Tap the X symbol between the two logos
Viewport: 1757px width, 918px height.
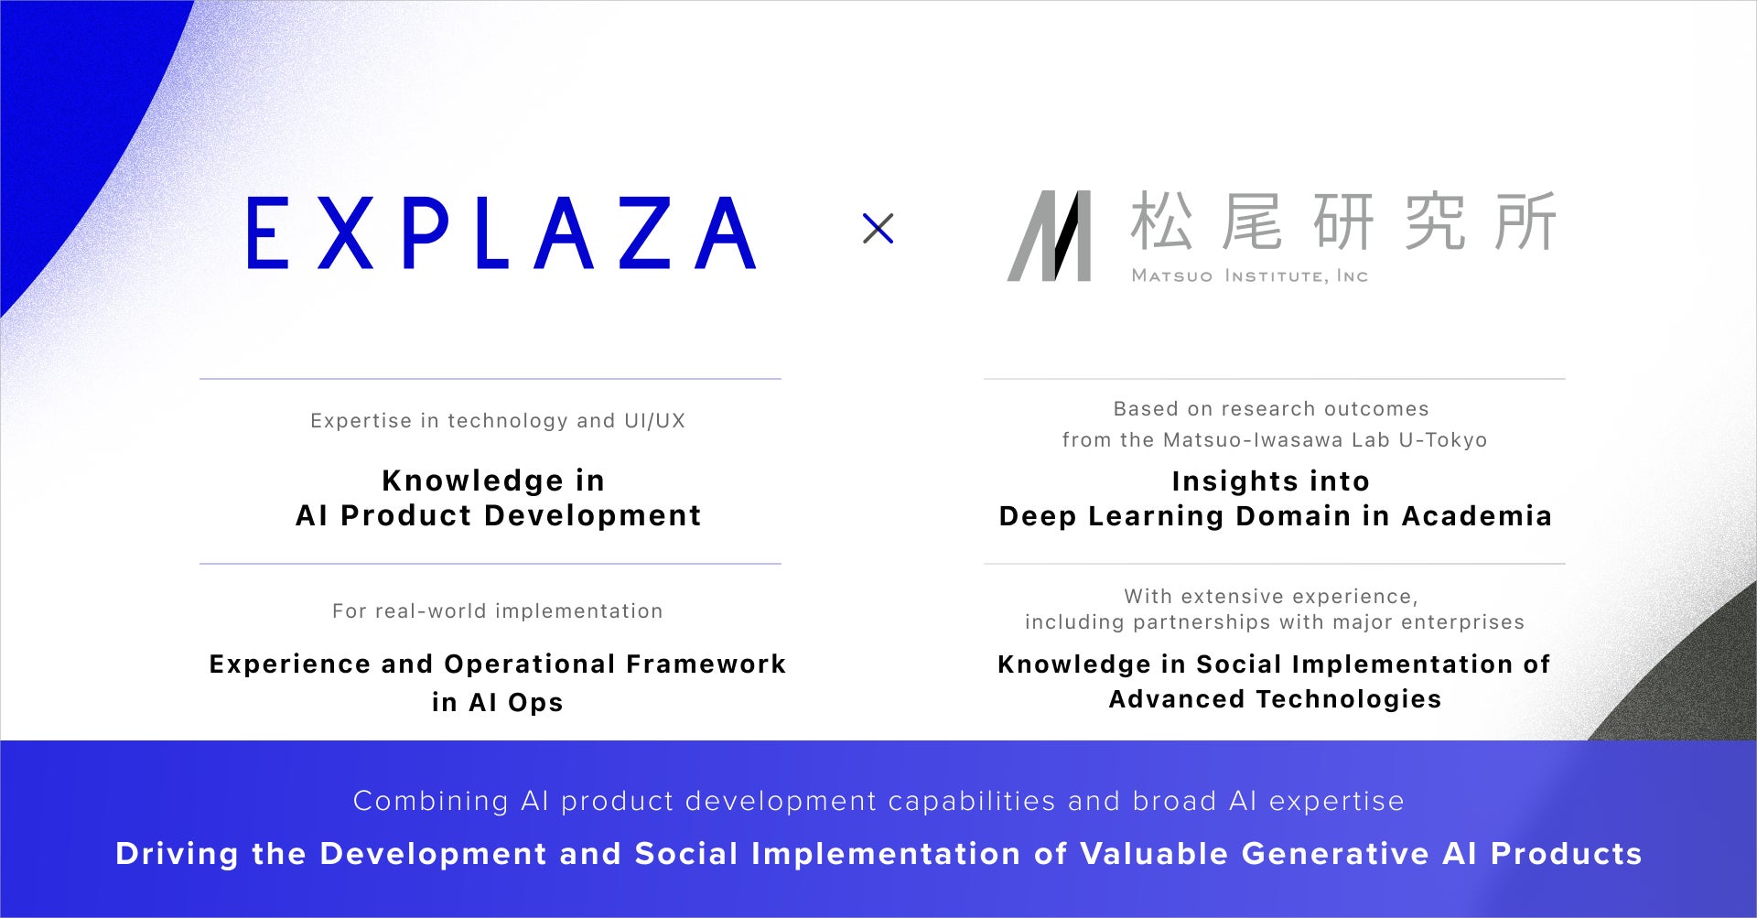(878, 228)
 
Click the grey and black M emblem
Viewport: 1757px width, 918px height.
(1050, 235)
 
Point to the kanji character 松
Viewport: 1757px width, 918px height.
(1161, 221)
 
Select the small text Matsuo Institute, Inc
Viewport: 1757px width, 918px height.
(1249, 275)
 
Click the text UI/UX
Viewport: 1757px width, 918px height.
(654, 421)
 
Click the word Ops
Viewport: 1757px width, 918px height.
(535, 703)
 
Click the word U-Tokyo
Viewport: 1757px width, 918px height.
(1443, 440)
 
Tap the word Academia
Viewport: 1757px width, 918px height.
(1476, 516)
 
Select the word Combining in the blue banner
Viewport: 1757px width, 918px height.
(430, 802)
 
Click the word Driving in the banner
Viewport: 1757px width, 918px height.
(178, 854)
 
